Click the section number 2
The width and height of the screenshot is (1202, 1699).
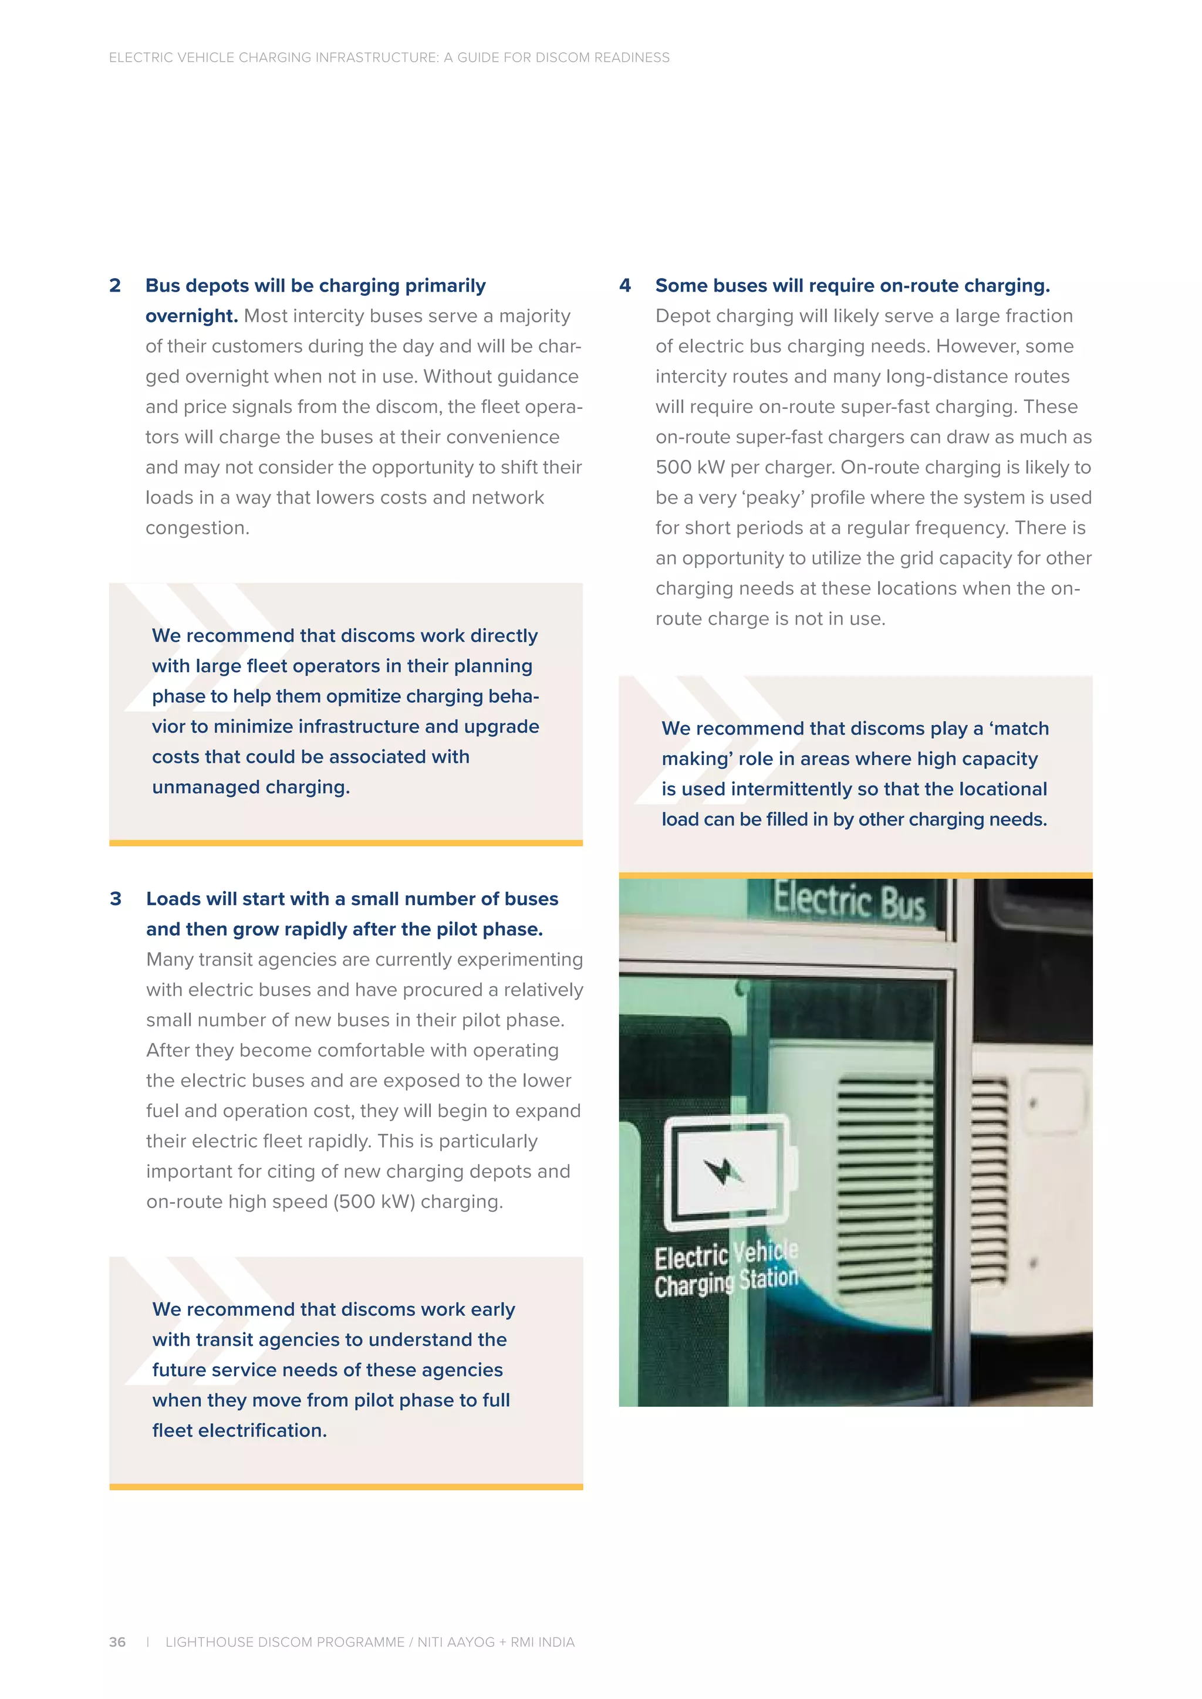(114, 286)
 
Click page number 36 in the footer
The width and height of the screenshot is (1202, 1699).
(117, 1642)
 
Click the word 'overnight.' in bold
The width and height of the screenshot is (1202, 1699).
(191, 316)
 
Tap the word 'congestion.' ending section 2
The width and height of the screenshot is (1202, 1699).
(197, 527)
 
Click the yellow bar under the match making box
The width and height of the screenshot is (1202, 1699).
(855, 875)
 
